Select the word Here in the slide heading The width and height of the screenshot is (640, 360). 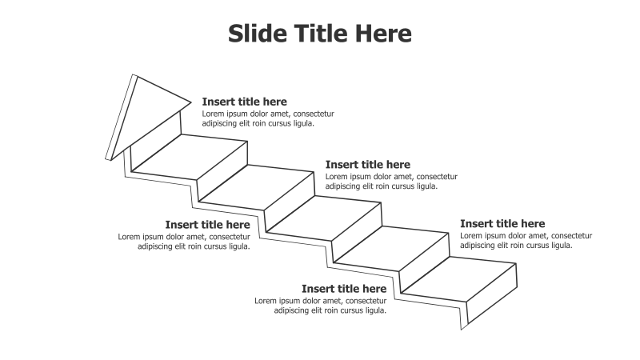pos(383,33)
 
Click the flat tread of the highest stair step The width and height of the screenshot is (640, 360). pos(190,157)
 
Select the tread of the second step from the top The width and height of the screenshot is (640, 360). pos(256,187)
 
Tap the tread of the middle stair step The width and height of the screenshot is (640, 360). pos(323,218)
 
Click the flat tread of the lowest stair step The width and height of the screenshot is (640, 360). pos(458,279)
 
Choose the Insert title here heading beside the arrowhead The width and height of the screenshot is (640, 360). pos(245,102)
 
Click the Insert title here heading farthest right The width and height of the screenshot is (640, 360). pos(502,224)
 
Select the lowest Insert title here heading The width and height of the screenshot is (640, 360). pos(344,289)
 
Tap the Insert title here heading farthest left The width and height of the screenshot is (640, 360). pos(208,225)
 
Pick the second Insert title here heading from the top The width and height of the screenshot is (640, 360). pos(368,165)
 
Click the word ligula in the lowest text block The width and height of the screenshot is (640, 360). pos(374,310)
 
